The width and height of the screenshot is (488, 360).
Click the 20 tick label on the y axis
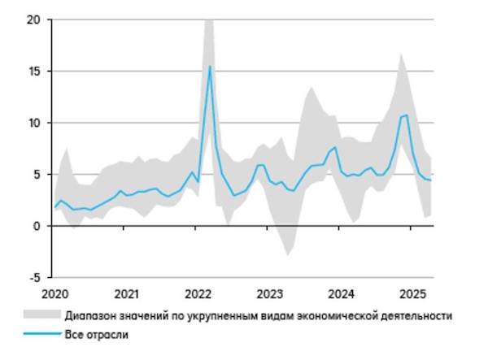coord(33,19)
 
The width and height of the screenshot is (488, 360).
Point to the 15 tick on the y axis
coord(33,71)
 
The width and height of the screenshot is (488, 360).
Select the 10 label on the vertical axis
coord(33,123)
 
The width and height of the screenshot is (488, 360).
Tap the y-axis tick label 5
coord(37,174)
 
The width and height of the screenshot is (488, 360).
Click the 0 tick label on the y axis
coord(37,226)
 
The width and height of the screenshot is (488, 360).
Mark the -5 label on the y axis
coord(34,277)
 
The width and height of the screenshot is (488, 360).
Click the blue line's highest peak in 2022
coord(210,67)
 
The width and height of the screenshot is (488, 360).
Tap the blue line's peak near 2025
coord(407,115)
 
